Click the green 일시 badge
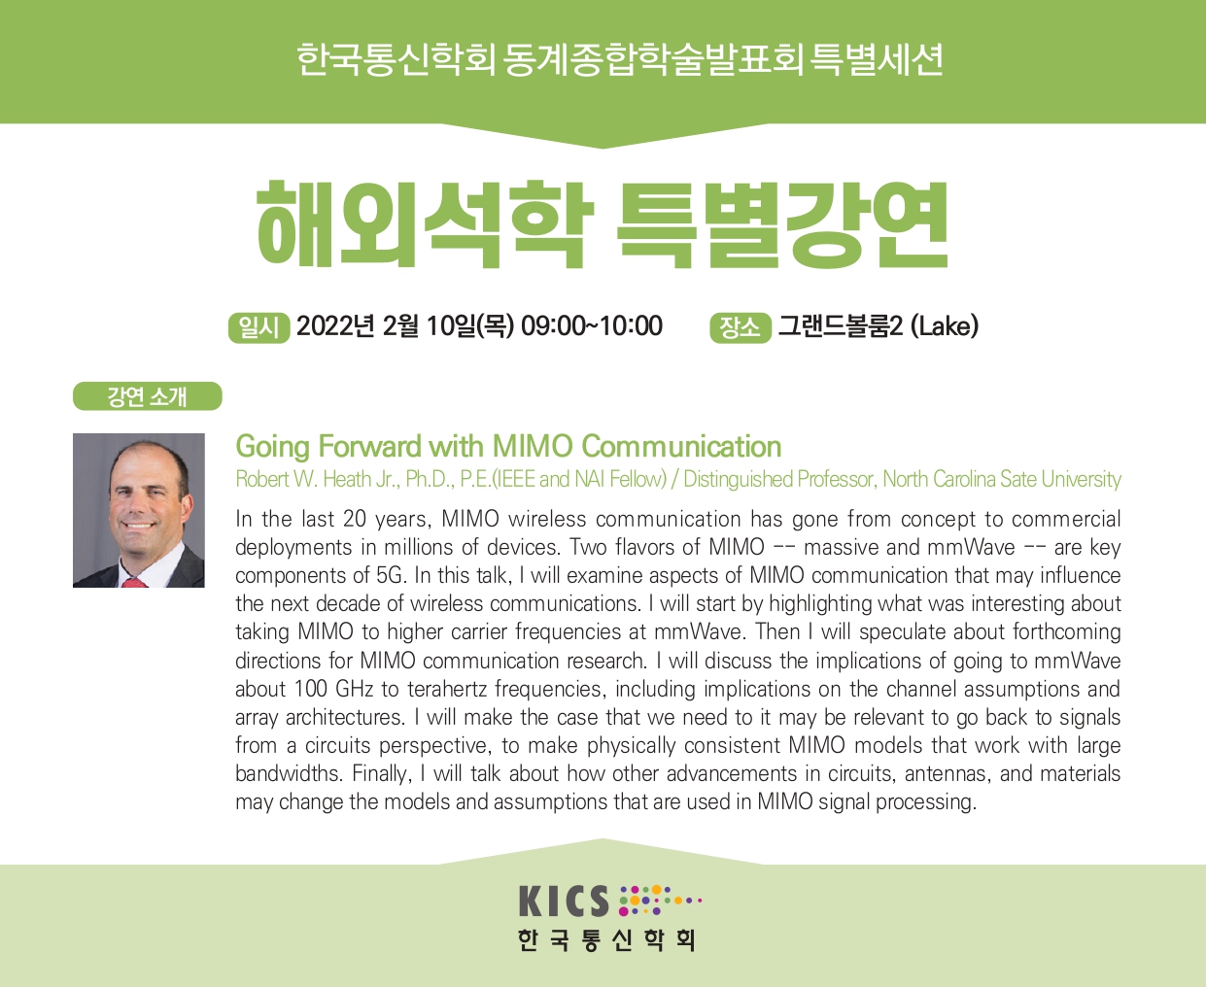(259, 327)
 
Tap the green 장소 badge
(740, 327)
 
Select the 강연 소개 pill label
(147, 396)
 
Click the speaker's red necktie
(134, 582)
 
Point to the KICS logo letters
(564, 901)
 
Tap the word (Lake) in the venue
(944, 326)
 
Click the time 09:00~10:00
(592, 325)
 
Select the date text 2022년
(335, 326)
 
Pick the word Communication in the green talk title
(681, 446)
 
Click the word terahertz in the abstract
(447, 689)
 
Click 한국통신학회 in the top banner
(396, 59)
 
